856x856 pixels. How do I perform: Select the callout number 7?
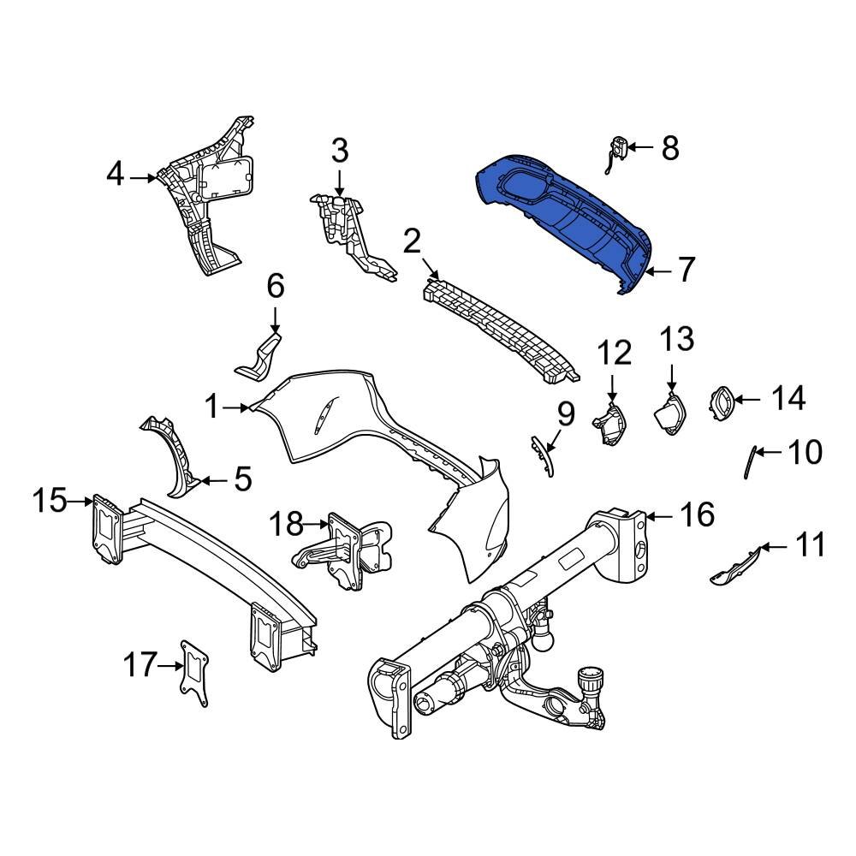click(687, 270)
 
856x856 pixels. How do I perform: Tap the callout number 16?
click(697, 514)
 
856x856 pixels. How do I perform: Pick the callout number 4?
click(116, 175)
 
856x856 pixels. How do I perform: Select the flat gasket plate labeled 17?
click(196, 674)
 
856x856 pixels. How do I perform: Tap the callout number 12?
click(614, 353)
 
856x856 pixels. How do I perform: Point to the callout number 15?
click(50, 500)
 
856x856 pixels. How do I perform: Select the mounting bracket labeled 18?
click(342, 552)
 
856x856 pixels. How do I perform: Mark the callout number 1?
click(212, 407)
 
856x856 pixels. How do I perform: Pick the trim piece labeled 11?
click(734, 566)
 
